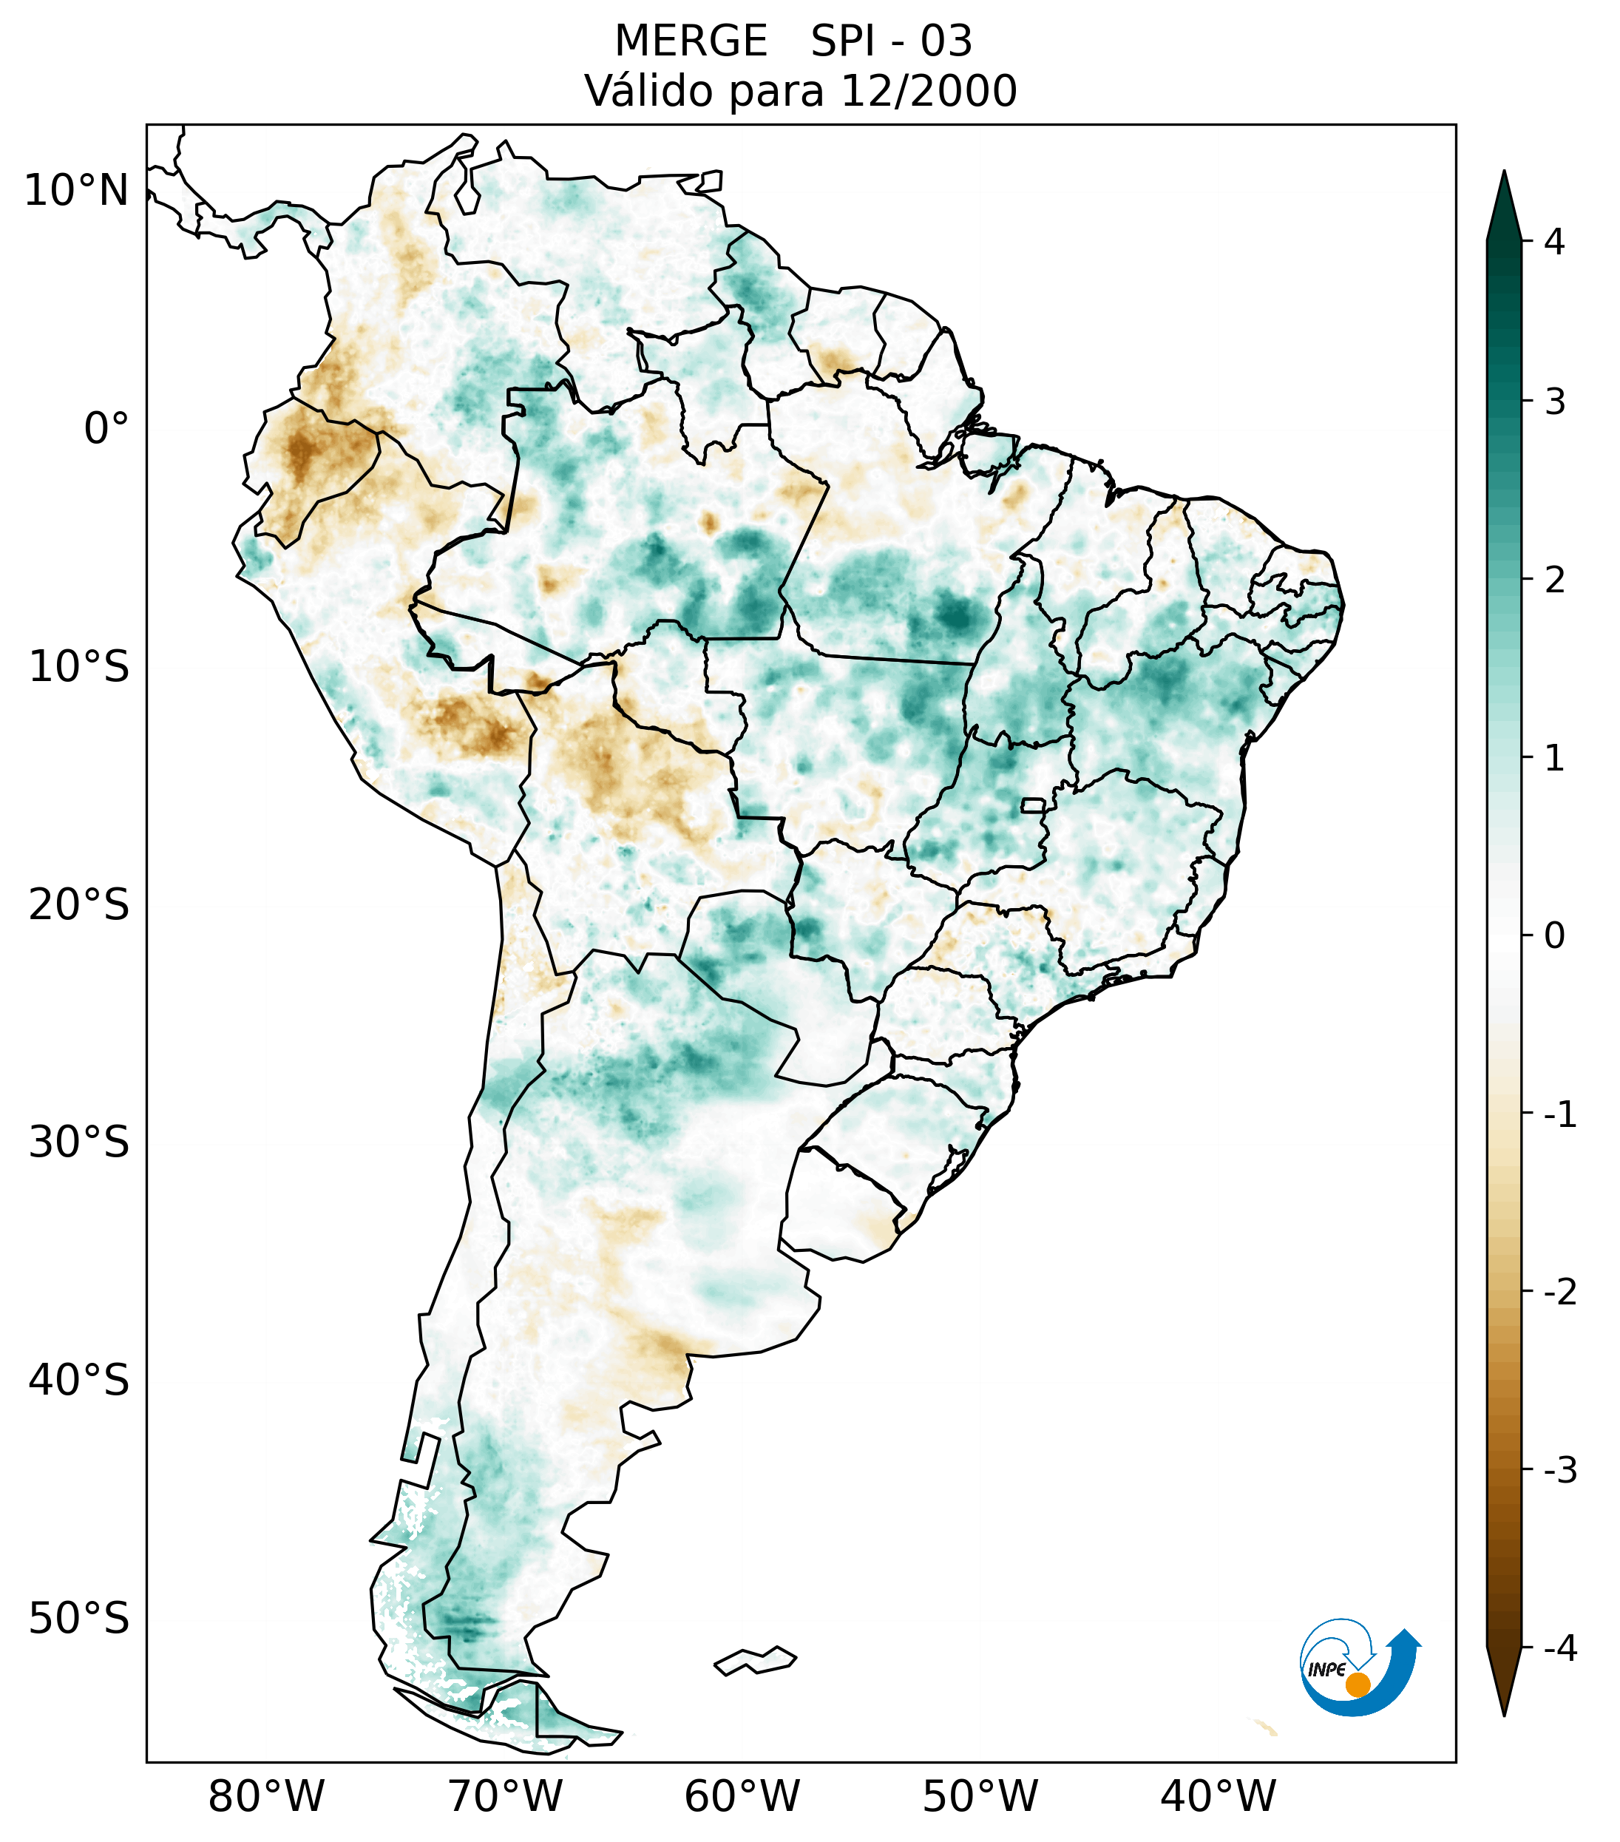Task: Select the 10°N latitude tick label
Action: pos(77,191)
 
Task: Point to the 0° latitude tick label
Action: pos(106,428)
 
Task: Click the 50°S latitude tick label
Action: pos(79,1619)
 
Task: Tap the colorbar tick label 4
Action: pos(1554,242)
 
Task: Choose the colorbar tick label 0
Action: pos(1554,935)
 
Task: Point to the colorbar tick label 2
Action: pos(1554,580)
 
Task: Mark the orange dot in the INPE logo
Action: pos(1358,1684)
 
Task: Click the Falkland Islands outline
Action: pos(755,1660)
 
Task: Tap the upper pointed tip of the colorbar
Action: pos(1503,173)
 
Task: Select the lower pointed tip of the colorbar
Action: pos(1504,1714)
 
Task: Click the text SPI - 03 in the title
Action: pos(891,41)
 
